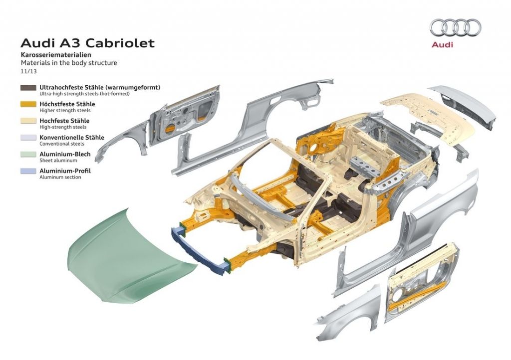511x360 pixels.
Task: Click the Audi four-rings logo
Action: (455, 27)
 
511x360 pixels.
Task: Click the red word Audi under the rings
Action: (442, 45)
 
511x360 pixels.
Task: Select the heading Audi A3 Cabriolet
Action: (88, 43)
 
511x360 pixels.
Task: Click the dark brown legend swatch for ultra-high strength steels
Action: (28, 88)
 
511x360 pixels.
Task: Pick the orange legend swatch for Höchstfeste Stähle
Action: (28, 105)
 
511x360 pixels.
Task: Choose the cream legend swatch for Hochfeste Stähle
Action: (28, 122)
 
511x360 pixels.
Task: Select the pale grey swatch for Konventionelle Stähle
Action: (28, 138)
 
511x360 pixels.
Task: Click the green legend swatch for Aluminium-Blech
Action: (28, 155)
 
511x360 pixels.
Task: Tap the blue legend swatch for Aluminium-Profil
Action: (28, 172)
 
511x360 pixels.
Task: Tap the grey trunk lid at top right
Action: (464, 105)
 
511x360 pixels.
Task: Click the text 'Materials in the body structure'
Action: (69, 63)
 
